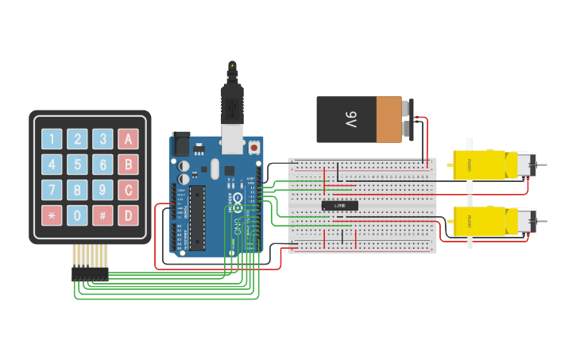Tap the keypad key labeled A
pos(128,139)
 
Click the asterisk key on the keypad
pos(52,215)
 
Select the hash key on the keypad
pos(102,215)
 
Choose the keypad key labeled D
pos(128,215)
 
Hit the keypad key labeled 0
pos(77,215)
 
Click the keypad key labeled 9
pos(102,190)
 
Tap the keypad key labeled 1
pos(52,139)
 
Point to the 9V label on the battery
pos(350,120)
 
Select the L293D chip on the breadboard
pos(339,206)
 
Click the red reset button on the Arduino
pos(253,147)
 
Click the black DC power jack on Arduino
pos(181,143)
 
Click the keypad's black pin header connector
pos(90,273)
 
